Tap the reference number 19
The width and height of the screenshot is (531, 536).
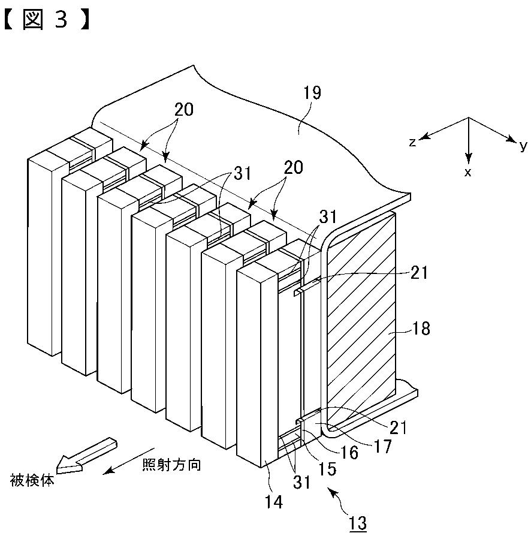click(x=312, y=93)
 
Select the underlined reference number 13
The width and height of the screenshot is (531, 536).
click(x=357, y=522)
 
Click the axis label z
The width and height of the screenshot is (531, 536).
click(x=413, y=141)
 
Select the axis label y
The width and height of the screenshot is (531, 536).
click(x=523, y=144)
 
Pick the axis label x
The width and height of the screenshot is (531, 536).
click(x=468, y=173)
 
